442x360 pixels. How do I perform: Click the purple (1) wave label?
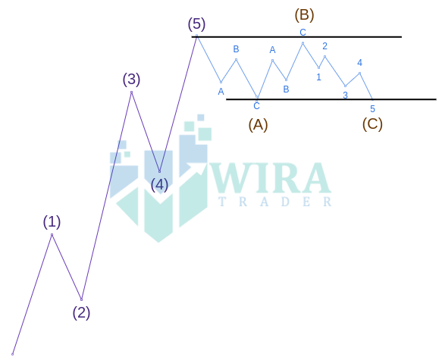point(52,222)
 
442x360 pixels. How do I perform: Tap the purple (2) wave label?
point(81,313)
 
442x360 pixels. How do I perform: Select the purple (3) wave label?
point(131,79)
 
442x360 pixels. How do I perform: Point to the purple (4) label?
point(159,185)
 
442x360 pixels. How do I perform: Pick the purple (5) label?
point(197,24)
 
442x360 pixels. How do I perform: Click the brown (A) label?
point(258,124)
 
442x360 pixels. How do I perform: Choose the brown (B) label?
point(304,14)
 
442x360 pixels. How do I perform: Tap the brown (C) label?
point(372,124)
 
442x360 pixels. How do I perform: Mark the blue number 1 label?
point(318,77)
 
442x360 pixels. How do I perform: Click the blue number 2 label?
point(324,46)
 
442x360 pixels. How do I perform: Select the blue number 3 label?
point(345,95)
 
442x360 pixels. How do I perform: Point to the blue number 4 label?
point(359,63)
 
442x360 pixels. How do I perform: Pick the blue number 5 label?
point(372,108)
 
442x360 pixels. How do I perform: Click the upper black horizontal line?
point(296,37)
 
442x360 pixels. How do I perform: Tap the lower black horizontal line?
point(331,99)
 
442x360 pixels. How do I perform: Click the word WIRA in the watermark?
point(270,178)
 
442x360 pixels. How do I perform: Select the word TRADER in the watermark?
point(275,202)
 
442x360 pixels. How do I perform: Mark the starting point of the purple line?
point(12,354)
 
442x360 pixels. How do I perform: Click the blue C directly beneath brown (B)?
point(303,33)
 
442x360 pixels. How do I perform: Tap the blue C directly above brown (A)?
point(256,106)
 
